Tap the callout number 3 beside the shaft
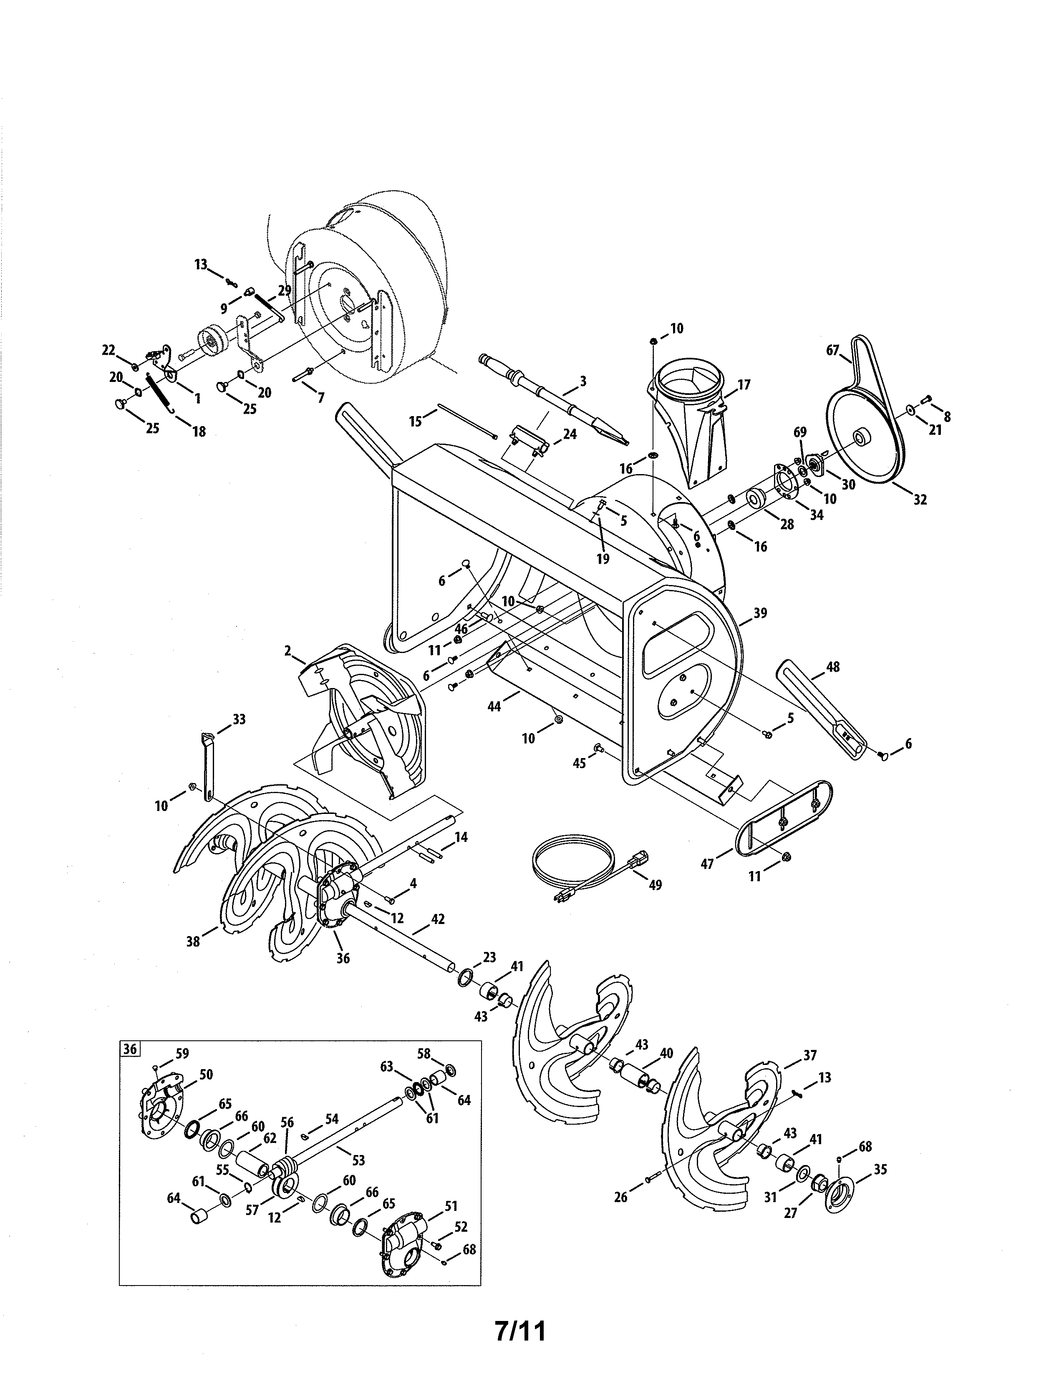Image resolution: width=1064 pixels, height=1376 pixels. (583, 381)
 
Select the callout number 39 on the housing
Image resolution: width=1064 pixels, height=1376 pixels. (760, 613)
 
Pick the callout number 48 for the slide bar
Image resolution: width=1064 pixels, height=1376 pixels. (833, 667)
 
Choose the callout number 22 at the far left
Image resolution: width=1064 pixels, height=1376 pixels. (108, 350)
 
